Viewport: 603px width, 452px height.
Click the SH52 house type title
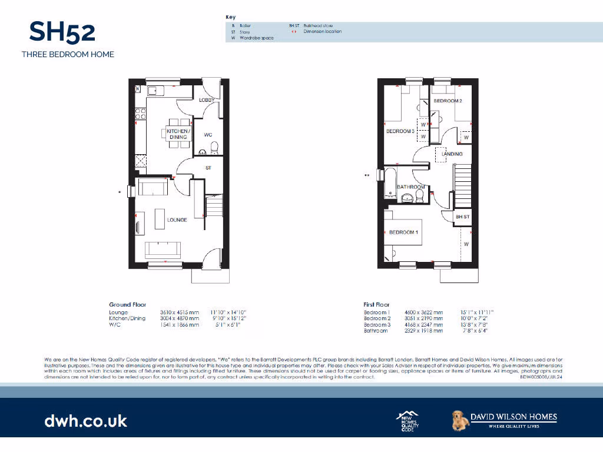point(62,32)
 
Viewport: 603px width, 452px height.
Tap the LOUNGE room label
point(177,220)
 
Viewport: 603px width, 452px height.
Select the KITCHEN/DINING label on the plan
point(178,134)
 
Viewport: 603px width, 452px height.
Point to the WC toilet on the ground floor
point(214,147)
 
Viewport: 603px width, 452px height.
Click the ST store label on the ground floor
point(208,168)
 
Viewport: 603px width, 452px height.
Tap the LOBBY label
point(206,101)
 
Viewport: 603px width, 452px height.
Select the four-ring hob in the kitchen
point(141,112)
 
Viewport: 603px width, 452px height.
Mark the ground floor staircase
point(214,207)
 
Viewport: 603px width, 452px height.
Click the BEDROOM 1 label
point(403,232)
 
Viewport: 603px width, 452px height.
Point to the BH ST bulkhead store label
point(463,217)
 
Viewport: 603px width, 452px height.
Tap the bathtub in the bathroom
point(390,183)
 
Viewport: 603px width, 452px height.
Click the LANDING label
point(452,154)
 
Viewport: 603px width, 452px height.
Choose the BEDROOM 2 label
point(448,101)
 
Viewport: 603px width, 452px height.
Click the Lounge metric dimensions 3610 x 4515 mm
point(180,312)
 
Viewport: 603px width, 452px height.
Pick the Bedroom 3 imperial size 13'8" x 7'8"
point(477,325)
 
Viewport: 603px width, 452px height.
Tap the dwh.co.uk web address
point(85,421)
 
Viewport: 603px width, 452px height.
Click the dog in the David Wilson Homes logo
point(459,420)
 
